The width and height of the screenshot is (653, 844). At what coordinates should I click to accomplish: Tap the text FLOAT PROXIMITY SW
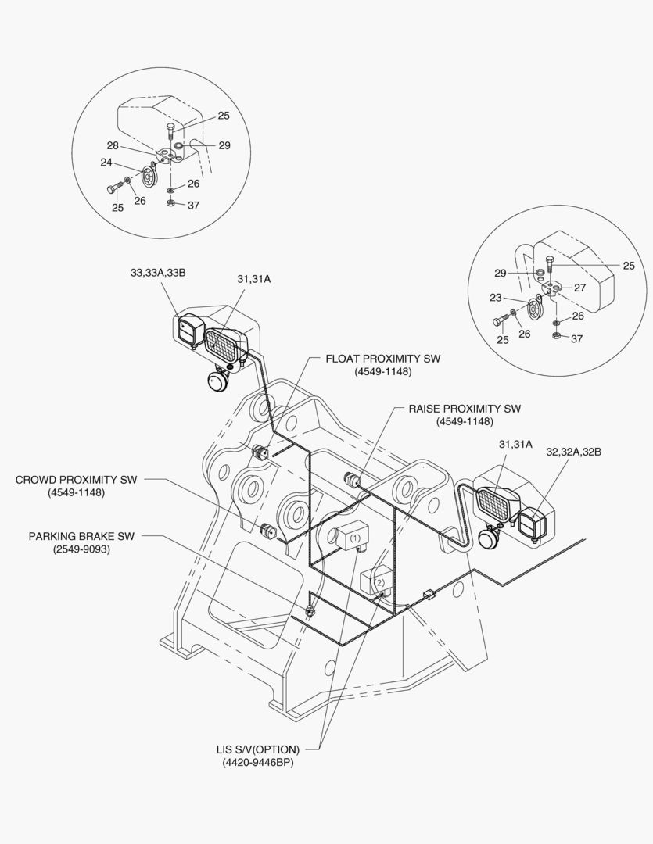[382, 359]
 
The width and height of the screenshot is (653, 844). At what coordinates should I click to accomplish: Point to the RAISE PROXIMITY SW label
[465, 409]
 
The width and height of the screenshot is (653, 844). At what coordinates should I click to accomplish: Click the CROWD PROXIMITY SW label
[76, 479]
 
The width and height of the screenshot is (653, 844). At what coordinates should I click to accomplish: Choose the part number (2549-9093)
[81, 549]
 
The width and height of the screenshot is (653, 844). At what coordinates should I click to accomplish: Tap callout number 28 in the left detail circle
[112, 146]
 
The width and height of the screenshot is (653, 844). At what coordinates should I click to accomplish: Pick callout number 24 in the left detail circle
[106, 163]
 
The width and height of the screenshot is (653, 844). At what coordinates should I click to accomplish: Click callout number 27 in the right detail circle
[580, 288]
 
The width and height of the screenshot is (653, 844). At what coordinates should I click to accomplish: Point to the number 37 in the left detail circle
[193, 205]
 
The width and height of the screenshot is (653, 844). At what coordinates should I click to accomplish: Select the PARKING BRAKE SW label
[81, 537]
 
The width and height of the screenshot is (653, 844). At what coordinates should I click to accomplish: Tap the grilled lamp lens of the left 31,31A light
[224, 343]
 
